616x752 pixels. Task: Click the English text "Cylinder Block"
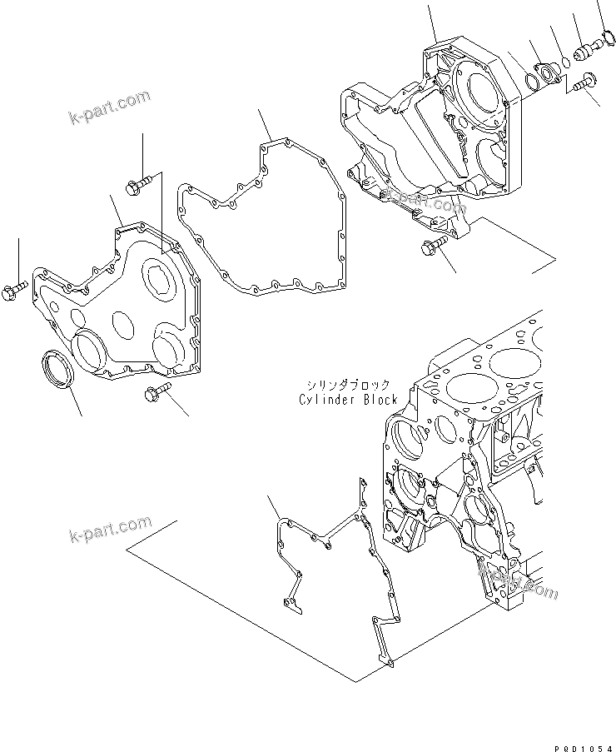[x=347, y=400]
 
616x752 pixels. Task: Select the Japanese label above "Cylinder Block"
[x=347, y=386]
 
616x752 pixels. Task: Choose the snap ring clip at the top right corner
[x=606, y=36]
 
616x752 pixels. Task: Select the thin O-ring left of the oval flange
[x=530, y=82]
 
